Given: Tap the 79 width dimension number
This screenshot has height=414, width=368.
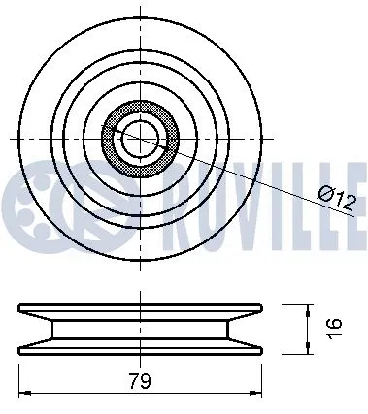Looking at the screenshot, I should [x=140, y=380].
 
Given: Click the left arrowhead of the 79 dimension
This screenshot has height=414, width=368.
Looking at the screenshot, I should [x=23, y=393].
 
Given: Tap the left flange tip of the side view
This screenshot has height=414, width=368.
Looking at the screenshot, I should [x=20, y=309].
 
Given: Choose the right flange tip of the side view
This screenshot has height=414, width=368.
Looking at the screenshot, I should [x=264, y=309].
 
